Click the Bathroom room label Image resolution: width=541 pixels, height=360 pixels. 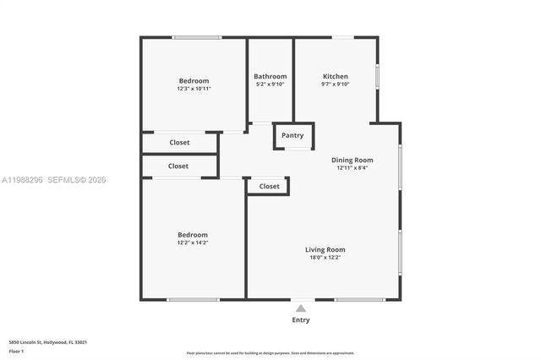(270, 76)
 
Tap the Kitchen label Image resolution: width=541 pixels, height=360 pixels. (336, 76)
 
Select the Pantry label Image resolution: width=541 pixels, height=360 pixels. (292, 135)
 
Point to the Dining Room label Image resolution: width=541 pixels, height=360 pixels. (352, 160)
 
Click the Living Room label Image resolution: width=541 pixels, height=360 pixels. (325, 249)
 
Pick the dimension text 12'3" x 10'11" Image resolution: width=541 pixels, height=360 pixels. (194, 89)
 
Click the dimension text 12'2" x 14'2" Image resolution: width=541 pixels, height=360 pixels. (193, 243)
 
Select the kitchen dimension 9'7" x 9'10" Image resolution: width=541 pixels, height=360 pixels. (336, 85)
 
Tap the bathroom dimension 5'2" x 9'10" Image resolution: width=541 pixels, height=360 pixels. (270, 85)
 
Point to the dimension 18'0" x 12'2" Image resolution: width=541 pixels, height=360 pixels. (325, 258)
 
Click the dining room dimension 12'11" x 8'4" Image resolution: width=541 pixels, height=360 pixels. (352, 168)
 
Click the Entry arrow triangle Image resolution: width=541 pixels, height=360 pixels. (301, 308)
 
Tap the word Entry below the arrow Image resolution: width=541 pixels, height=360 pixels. (301, 320)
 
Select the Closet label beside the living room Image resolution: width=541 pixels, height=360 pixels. (270, 186)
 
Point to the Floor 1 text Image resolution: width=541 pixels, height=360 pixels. (17, 351)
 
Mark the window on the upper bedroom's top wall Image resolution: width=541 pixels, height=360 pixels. (197, 37)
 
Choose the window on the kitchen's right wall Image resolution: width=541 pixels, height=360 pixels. (377, 76)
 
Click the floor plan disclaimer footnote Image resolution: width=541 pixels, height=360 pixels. (270, 352)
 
